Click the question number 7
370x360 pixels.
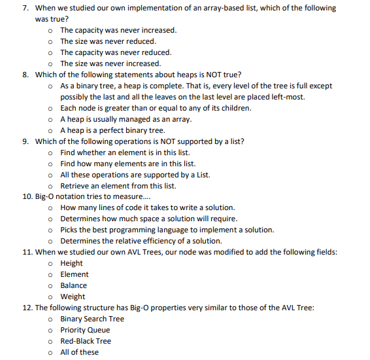25,8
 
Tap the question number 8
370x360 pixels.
25,75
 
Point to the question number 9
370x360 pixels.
25,141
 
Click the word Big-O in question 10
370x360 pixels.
46,196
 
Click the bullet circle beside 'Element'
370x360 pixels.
51,274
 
